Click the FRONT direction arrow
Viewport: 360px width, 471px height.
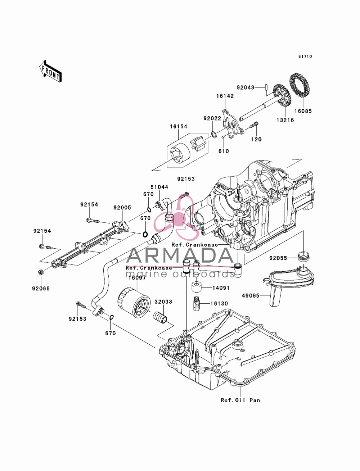[x=50, y=71]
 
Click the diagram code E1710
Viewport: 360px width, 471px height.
[x=305, y=56]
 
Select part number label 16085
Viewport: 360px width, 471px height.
[x=303, y=111]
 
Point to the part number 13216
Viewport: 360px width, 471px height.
[x=285, y=120]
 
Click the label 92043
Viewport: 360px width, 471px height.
[x=246, y=87]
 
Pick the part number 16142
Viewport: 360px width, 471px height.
[x=225, y=96]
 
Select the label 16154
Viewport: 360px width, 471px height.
[x=179, y=126]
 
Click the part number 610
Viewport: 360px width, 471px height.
[x=224, y=151]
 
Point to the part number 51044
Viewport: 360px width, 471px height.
[x=159, y=187]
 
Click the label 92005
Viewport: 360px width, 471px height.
[x=122, y=208]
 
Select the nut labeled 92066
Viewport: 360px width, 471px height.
[x=40, y=272]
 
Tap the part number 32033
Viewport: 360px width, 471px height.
[x=163, y=302]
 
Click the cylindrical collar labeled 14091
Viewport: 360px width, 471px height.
[x=197, y=287]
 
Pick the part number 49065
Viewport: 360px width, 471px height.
[x=251, y=295]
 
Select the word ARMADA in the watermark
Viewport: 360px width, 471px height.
[x=180, y=255]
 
